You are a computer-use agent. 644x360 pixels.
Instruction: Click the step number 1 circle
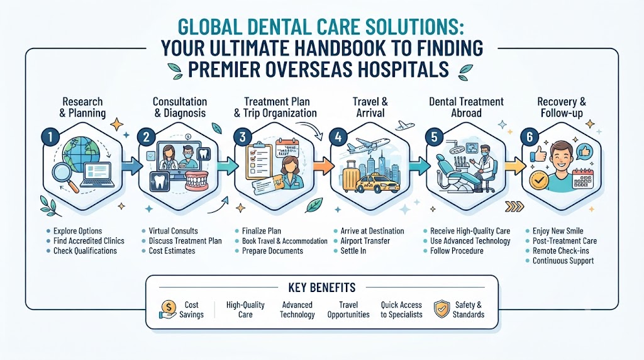[x=50, y=137]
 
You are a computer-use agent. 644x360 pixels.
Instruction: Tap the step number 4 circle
[x=338, y=137]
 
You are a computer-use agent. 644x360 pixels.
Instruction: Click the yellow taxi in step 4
[x=377, y=184]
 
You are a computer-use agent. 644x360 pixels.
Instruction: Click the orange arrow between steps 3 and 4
[x=324, y=166]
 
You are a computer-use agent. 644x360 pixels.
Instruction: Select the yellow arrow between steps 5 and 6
[x=515, y=166]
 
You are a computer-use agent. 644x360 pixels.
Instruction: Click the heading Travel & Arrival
[x=370, y=107]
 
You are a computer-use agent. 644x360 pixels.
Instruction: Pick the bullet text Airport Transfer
[x=365, y=241]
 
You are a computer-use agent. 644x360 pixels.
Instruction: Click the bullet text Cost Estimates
[x=172, y=250]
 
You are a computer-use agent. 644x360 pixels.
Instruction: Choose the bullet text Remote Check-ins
[x=560, y=250]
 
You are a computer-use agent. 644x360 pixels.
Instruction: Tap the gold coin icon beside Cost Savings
[x=169, y=306]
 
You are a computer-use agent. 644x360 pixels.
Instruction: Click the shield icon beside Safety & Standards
[x=441, y=309]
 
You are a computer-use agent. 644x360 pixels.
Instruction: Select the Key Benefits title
[x=322, y=287]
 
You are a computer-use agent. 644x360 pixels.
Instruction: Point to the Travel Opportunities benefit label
[x=348, y=310]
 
